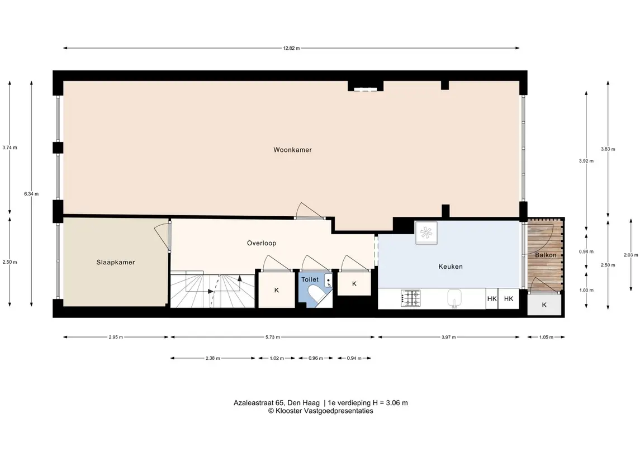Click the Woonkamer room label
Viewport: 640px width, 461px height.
(x=292, y=150)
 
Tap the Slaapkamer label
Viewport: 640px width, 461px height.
(x=116, y=262)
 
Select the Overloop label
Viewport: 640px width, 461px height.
(x=261, y=243)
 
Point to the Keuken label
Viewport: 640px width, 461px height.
(x=450, y=267)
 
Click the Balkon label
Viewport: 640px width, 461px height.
(x=546, y=255)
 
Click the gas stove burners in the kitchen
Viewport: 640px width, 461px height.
(x=411, y=298)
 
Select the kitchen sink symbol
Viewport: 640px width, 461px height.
(x=454, y=298)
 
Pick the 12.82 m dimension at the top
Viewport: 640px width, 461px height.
(x=291, y=48)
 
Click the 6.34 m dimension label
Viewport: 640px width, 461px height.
(x=31, y=194)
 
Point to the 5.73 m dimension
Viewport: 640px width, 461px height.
(x=273, y=337)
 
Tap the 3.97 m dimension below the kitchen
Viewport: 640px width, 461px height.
(x=448, y=337)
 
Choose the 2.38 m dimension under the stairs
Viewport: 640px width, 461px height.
(x=212, y=358)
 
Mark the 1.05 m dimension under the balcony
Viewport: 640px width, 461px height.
(x=546, y=337)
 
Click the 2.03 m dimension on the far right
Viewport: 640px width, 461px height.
(x=630, y=255)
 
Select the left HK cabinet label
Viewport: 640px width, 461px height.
(x=492, y=298)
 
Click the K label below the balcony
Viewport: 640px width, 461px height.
(x=544, y=305)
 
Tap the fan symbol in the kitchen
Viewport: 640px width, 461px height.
(x=426, y=233)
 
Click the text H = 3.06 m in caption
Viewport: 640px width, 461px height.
(x=390, y=403)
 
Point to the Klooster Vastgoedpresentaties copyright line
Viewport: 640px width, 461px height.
(x=320, y=411)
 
